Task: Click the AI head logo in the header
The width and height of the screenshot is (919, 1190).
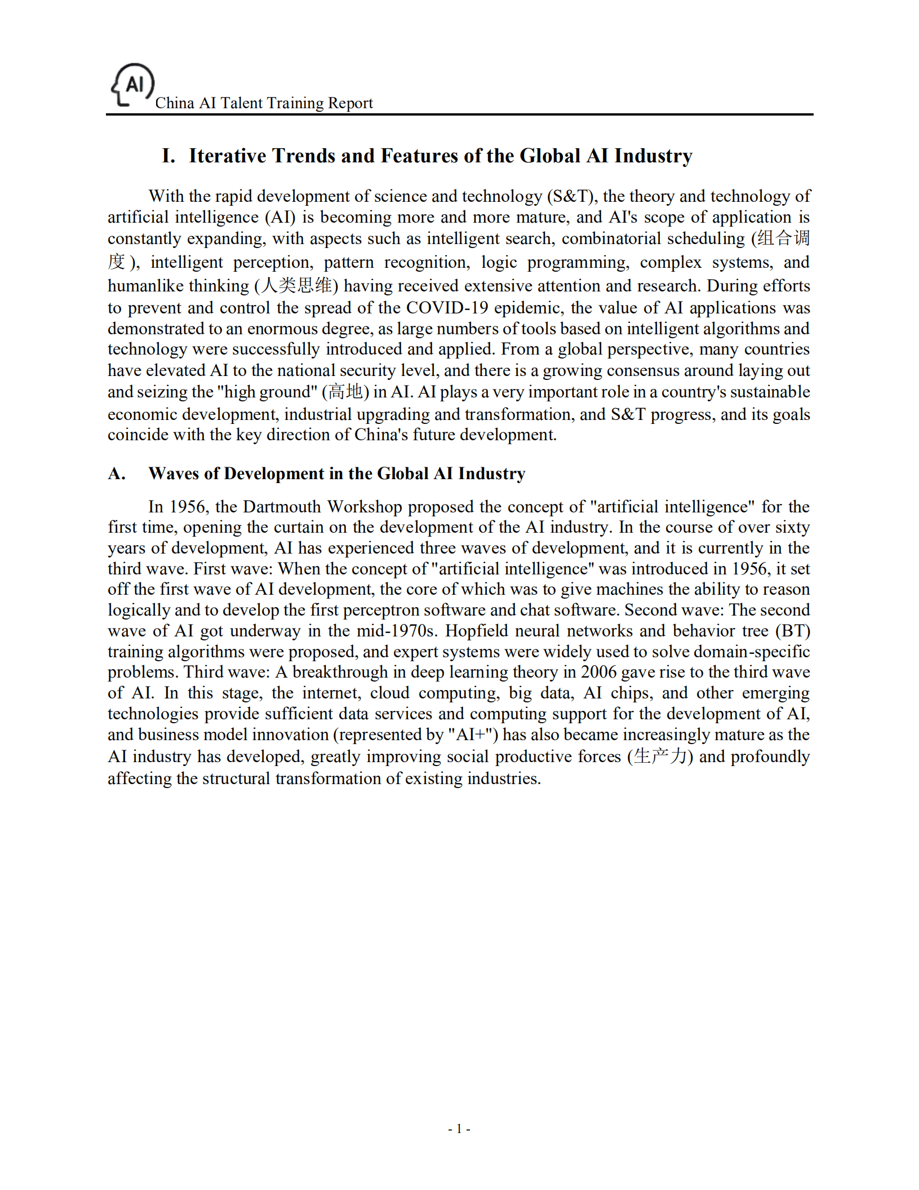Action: (x=132, y=85)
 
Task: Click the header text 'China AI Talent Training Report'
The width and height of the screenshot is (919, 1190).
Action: (x=264, y=103)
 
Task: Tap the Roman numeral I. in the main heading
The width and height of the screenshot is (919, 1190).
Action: (x=168, y=156)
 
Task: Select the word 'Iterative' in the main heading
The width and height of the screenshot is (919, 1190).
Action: (x=227, y=156)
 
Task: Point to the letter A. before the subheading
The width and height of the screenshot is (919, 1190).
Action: (x=117, y=474)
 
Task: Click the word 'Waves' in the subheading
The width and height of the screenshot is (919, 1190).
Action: (x=174, y=474)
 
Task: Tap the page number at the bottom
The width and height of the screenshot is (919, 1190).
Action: (x=459, y=1129)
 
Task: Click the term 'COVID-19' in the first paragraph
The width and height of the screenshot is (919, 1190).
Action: (x=447, y=308)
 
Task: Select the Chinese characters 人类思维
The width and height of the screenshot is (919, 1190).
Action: (x=296, y=285)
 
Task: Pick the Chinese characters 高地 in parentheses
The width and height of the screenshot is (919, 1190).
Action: (x=345, y=391)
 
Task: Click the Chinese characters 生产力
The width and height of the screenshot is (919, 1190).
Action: (x=660, y=756)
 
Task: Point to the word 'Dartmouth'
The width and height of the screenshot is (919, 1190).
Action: (x=283, y=506)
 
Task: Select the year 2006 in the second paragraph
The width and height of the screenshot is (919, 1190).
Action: (x=599, y=672)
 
